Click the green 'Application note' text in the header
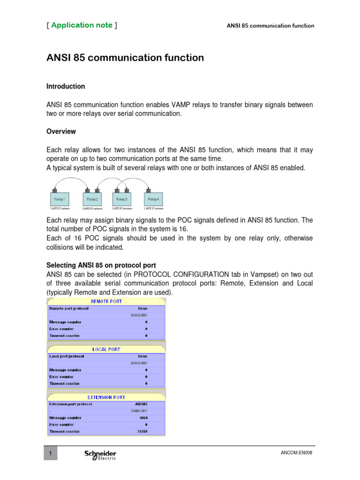[x=82, y=25]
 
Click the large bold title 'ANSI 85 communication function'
[x=125, y=58]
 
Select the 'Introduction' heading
[x=66, y=86]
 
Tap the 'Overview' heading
[x=61, y=131]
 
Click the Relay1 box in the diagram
[x=59, y=199]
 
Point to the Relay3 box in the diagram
[x=121, y=199]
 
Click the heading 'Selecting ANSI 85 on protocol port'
[x=101, y=265]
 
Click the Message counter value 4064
[x=143, y=418]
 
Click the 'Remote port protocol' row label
[x=69, y=308]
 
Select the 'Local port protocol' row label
[x=67, y=356]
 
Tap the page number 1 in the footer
[x=51, y=453]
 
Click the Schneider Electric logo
[x=100, y=455]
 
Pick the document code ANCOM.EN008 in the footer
[x=297, y=453]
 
